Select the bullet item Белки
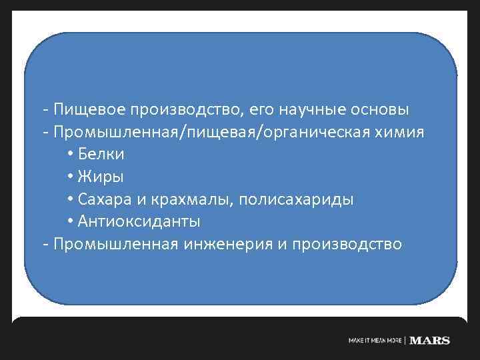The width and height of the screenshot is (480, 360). (x=101, y=154)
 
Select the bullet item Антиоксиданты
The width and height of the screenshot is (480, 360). (x=139, y=221)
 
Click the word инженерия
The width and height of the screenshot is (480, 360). (x=225, y=244)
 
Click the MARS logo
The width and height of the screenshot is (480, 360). (x=430, y=340)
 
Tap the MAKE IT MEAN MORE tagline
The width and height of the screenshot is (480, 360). (x=375, y=341)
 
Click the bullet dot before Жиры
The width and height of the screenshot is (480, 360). (x=71, y=177)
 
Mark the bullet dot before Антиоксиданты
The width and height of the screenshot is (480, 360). (x=71, y=222)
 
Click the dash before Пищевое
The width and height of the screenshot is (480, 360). (x=45, y=109)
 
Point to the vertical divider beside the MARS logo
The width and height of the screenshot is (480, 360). (x=405, y=340)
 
